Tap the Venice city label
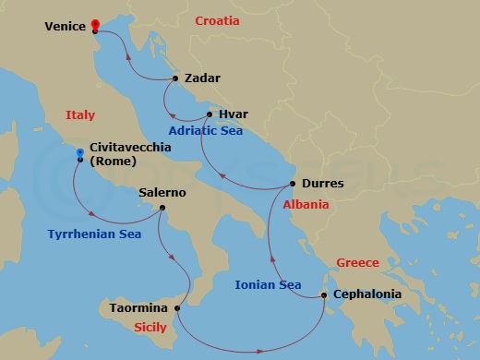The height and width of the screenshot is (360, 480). pyautogui.click(x=65, y=28)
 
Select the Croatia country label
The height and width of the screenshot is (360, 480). pyautogui.click(x=217, y=20)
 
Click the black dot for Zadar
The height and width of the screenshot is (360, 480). pyautogui.click(x=175, y=78)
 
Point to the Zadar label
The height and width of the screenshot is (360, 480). pyautogui.click(x=202, y=78)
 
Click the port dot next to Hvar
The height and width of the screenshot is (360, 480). pyautogui.click(x=210, y=114)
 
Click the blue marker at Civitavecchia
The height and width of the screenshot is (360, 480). pyautogui.click(x=80, y=152)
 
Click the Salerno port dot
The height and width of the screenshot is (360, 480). pyautogui.click(x=162, y=208)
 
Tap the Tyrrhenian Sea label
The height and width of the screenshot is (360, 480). pyautogui.click(x=93, y=234)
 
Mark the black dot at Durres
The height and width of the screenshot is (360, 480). pyautogui.click(x=293, y=184)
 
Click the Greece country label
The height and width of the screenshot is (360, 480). pyautogui.click(x=357, y=262)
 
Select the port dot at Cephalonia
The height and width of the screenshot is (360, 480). pyautogui.click(x=324, y=295)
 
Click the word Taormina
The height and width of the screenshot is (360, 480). pyautogui.click(x=139, y=307)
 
